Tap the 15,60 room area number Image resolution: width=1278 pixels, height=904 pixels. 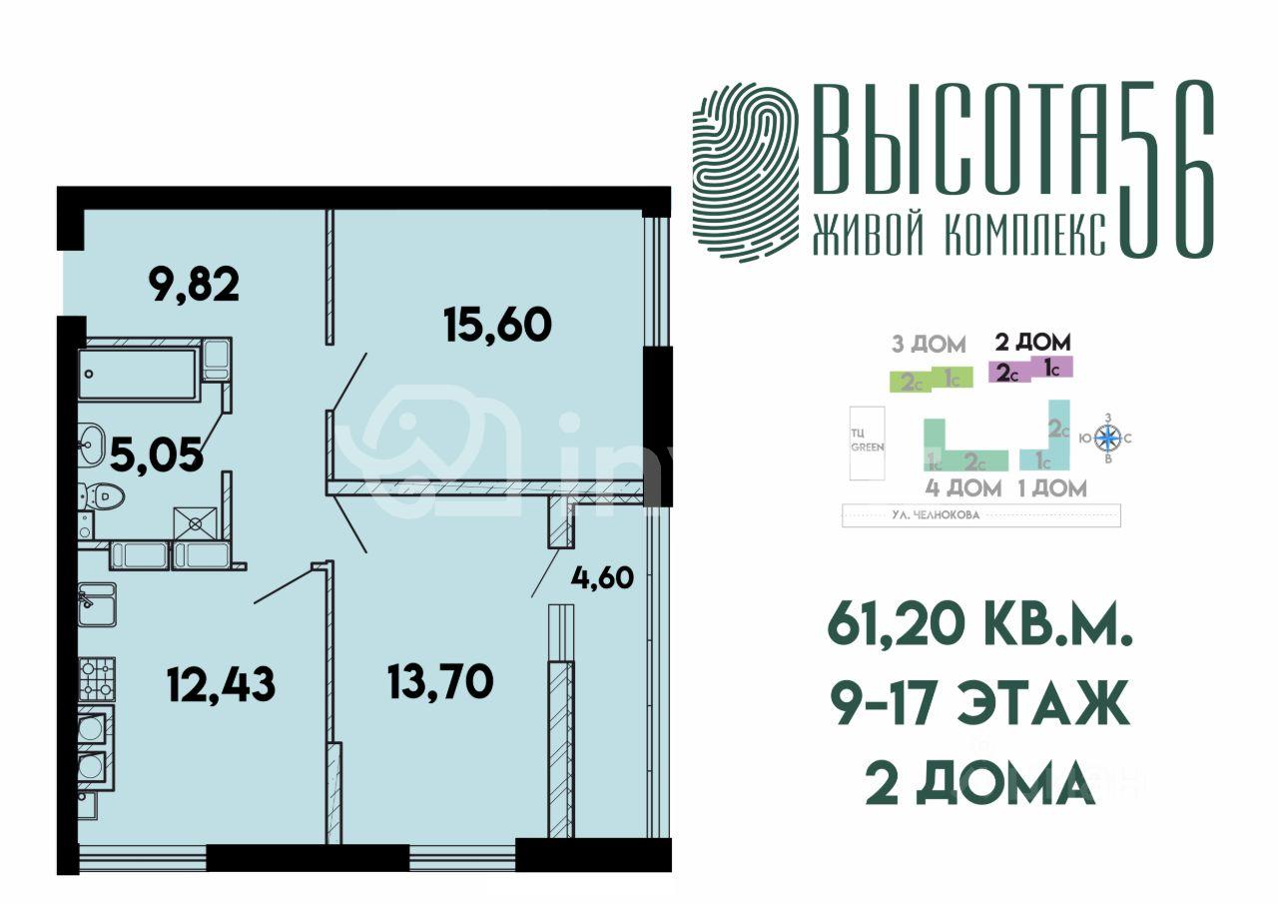(x=497, y=325)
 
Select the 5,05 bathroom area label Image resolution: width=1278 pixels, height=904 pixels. (x=157, y=455)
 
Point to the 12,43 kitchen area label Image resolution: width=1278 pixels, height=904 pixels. (x=221, y=686)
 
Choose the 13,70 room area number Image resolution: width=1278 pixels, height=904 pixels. (x=439, y=682)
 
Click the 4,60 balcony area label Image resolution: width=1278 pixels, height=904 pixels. (x=603, y=578)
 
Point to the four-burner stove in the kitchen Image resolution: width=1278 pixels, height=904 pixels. (x=97, y=678)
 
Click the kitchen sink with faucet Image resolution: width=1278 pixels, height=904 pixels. (x=97, y=602)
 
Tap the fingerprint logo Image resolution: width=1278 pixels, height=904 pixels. (x=746, y=171)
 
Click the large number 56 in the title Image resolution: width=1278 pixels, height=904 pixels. (x=1165, y=169)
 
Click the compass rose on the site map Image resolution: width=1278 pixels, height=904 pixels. (x=1107, y=437)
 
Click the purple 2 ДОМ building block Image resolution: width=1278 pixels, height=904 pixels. (x=1029, y=369)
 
